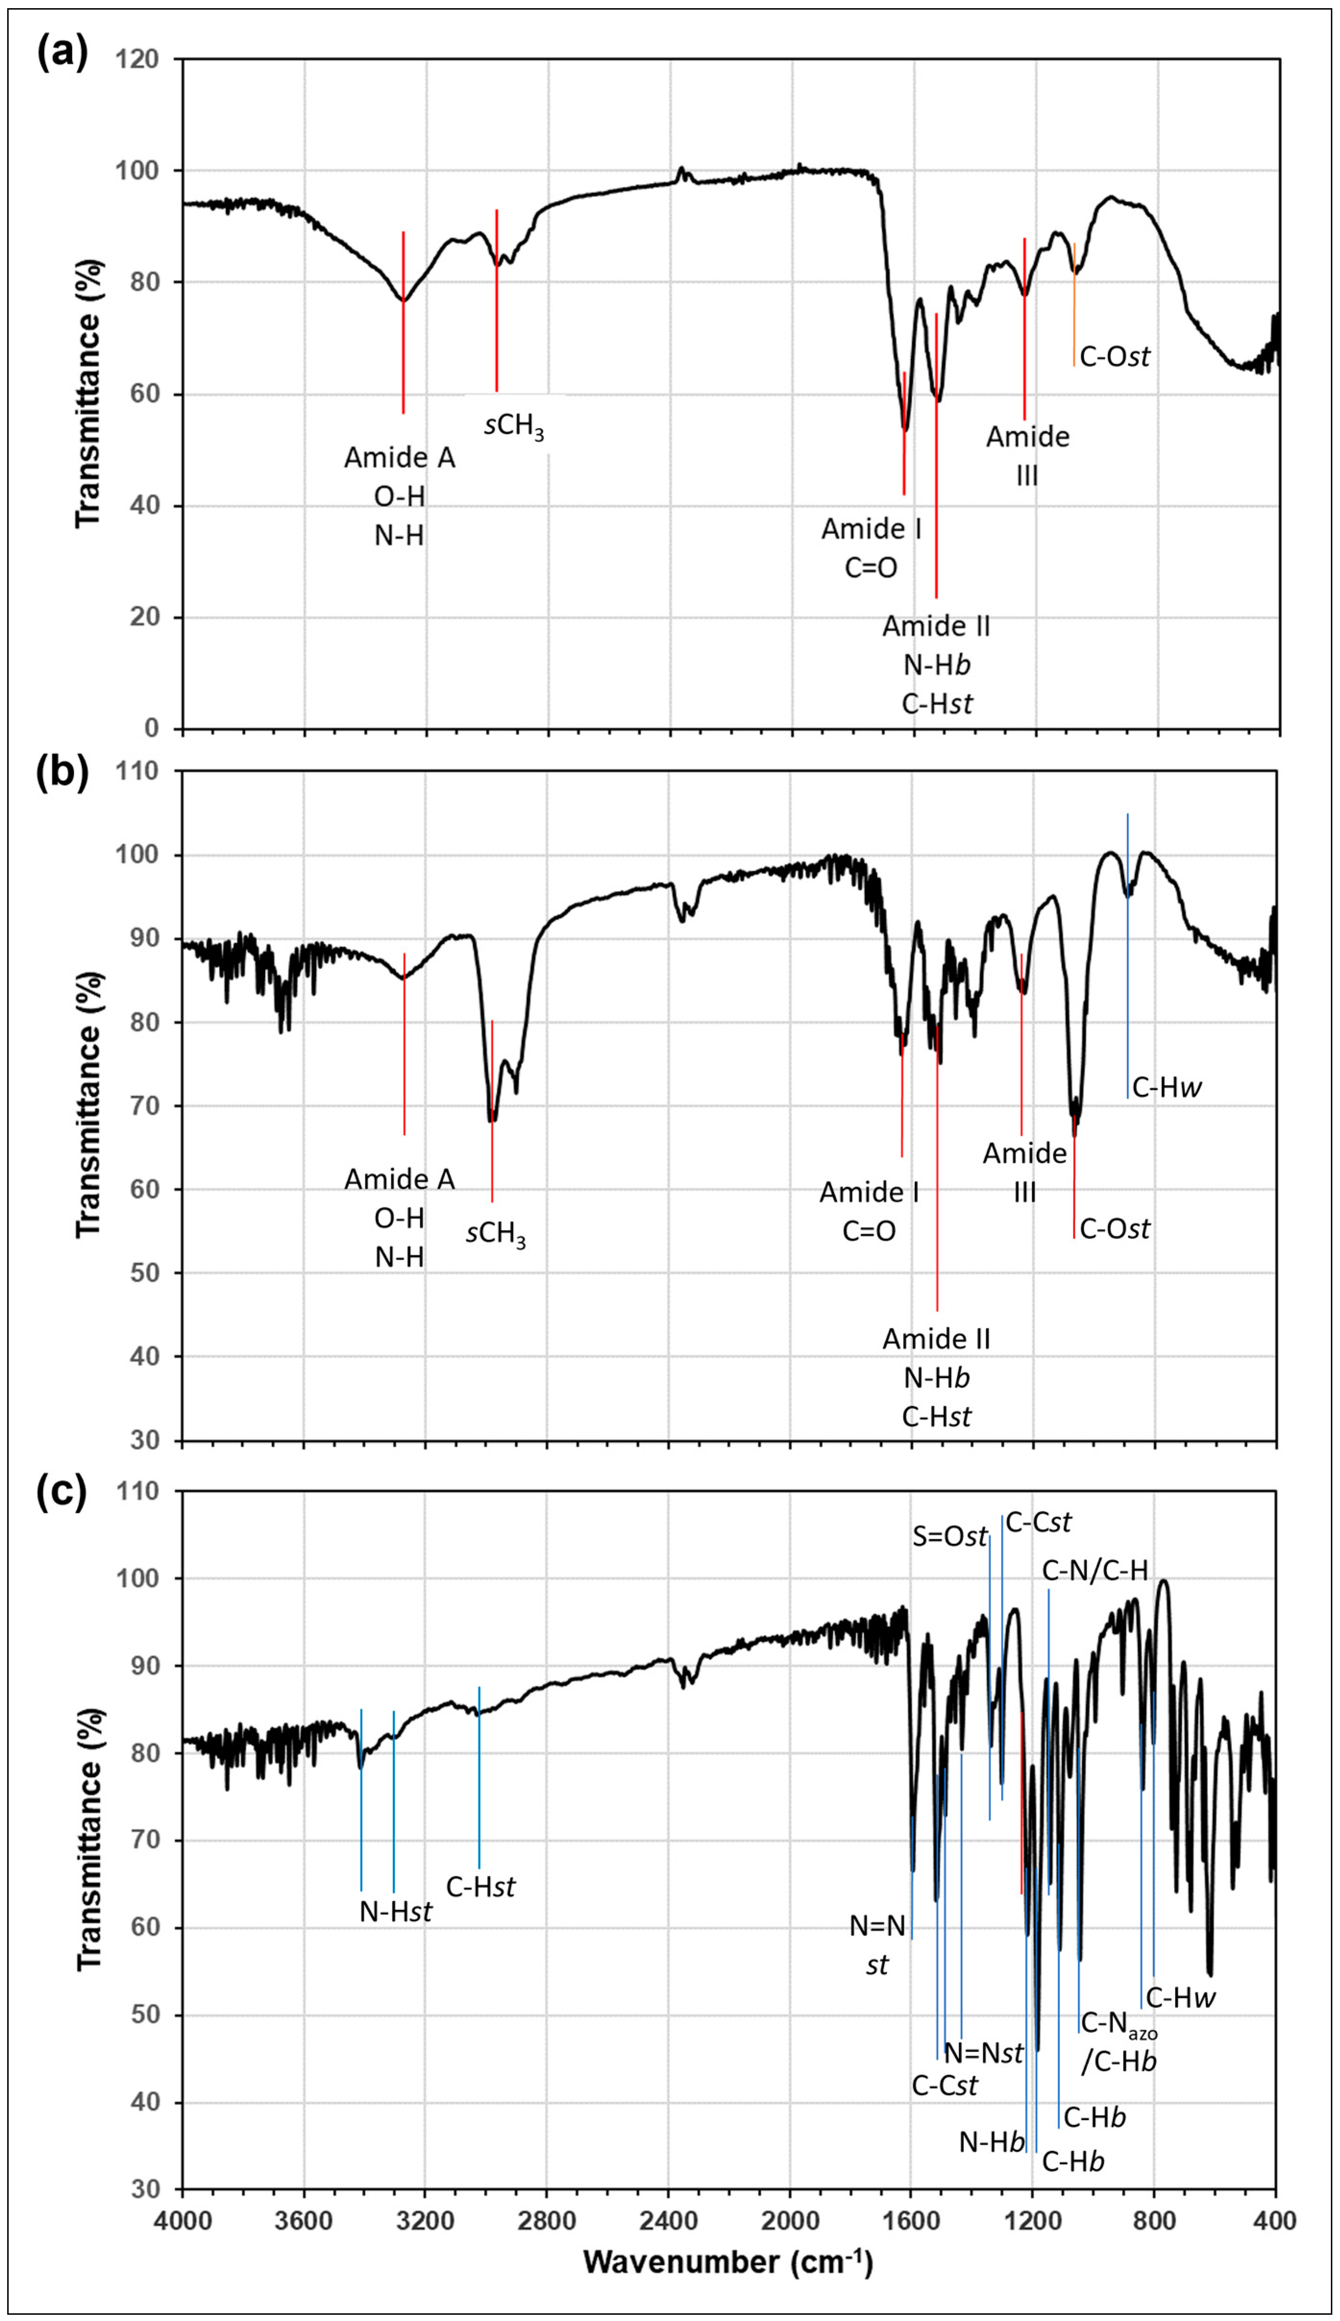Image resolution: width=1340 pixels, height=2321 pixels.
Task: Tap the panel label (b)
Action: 61,771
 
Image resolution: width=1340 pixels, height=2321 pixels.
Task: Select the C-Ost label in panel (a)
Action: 1115,357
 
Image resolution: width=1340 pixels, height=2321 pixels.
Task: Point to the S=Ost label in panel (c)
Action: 949,1536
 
